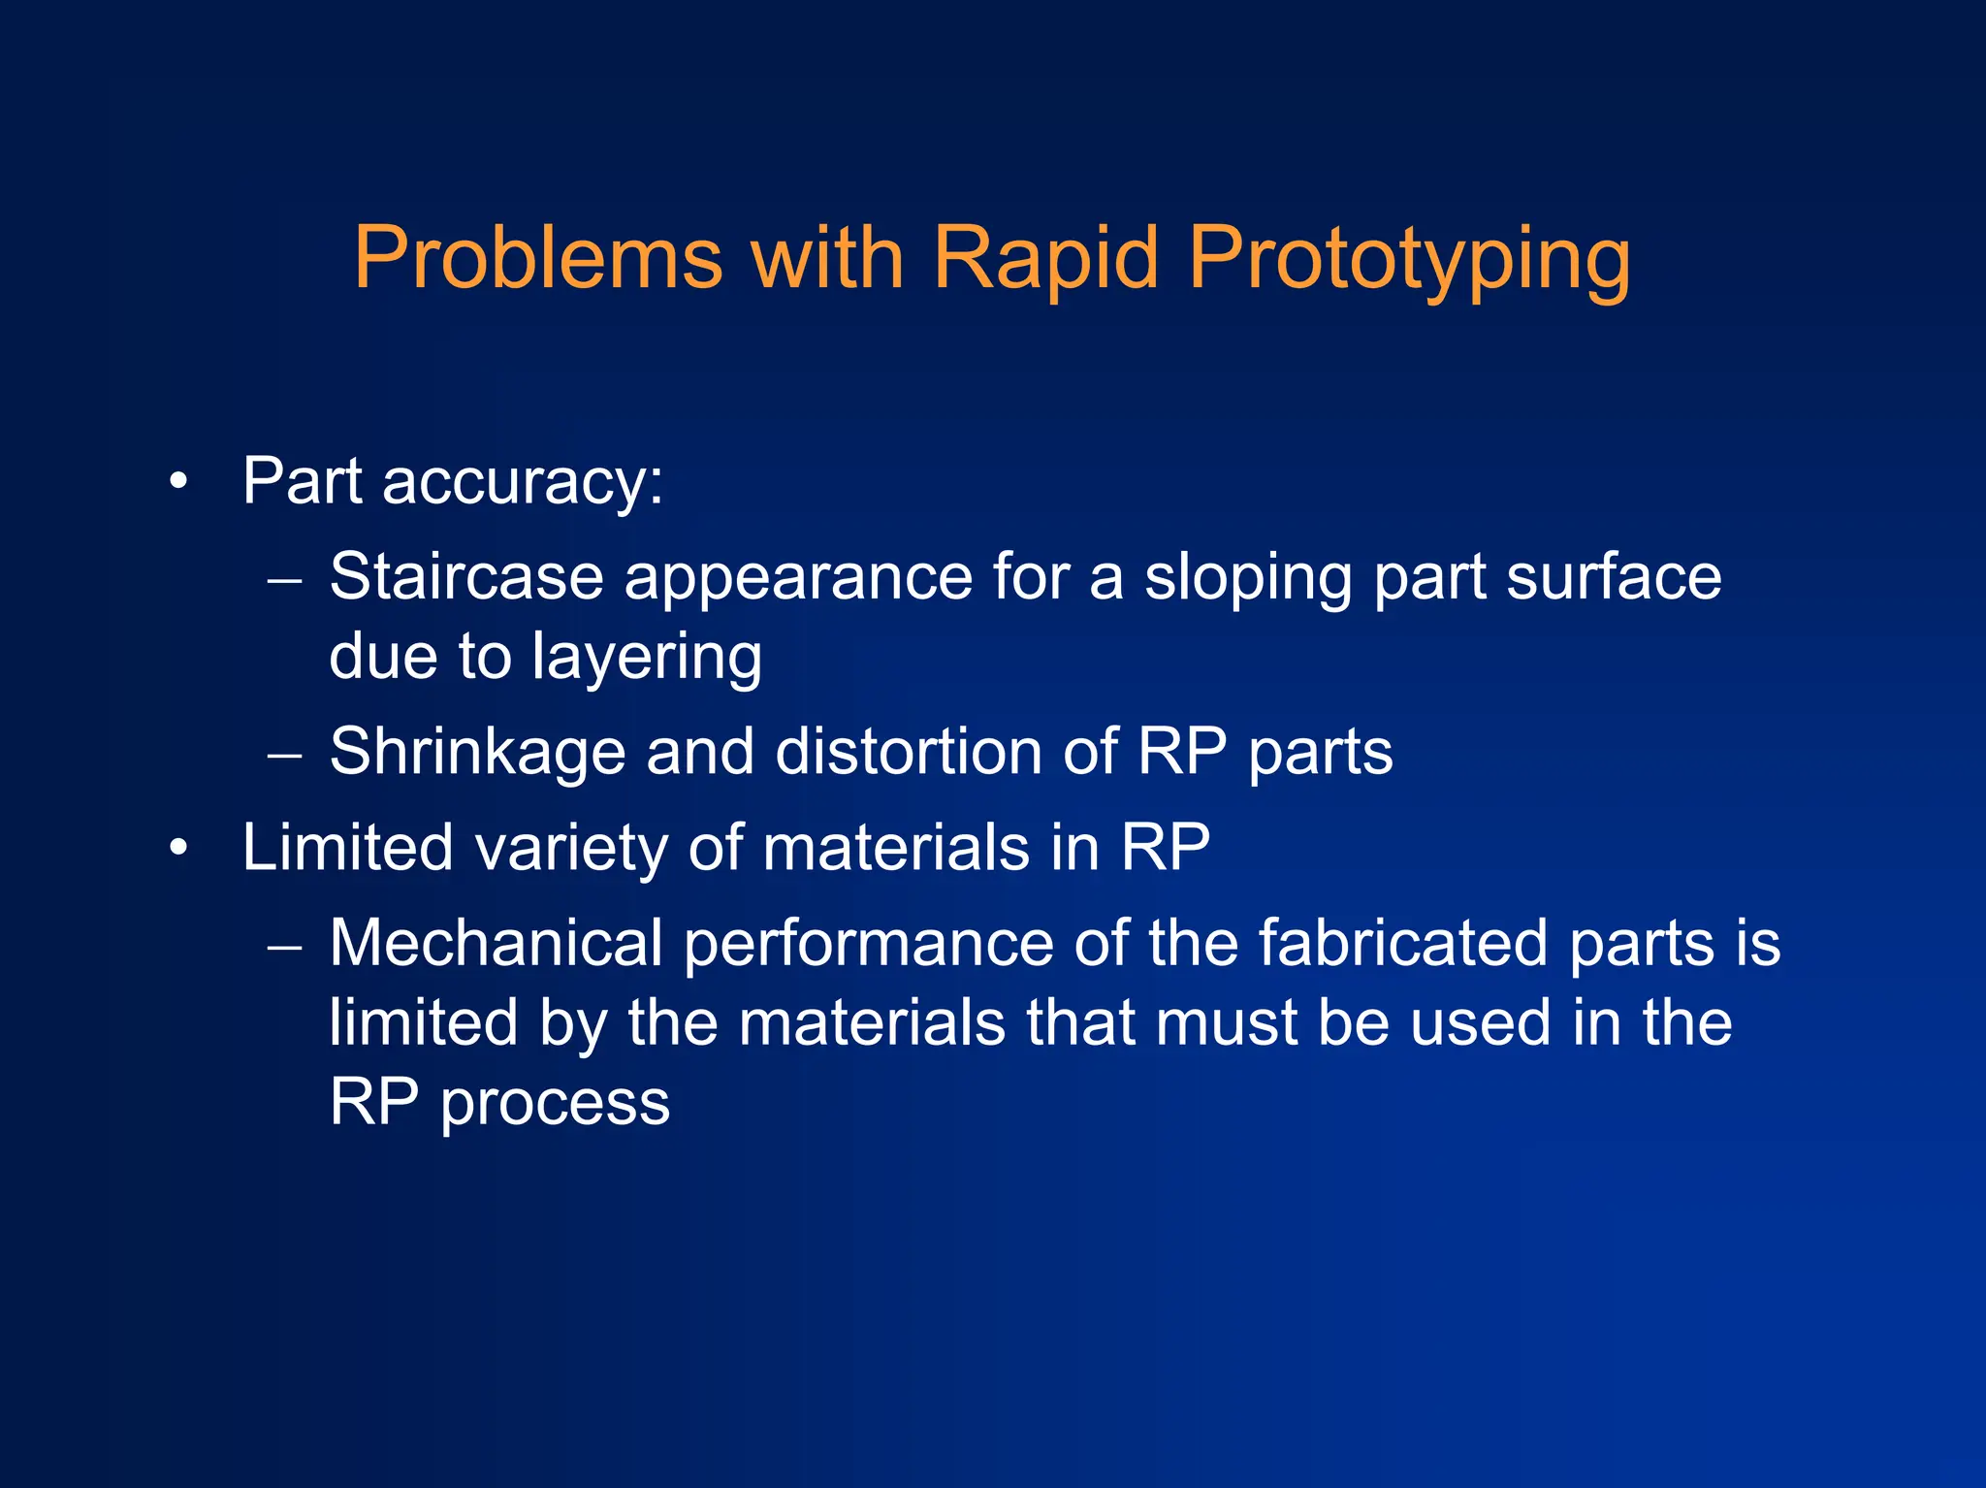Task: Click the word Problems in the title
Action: (x=538, y=258)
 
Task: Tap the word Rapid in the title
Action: (x=1044, y=258)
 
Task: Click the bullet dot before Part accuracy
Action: (x=177, y=482)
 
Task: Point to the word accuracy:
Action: (x=523, y=482)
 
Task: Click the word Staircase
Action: (x=466, y=577)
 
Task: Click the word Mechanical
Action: (x=496, y=943)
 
